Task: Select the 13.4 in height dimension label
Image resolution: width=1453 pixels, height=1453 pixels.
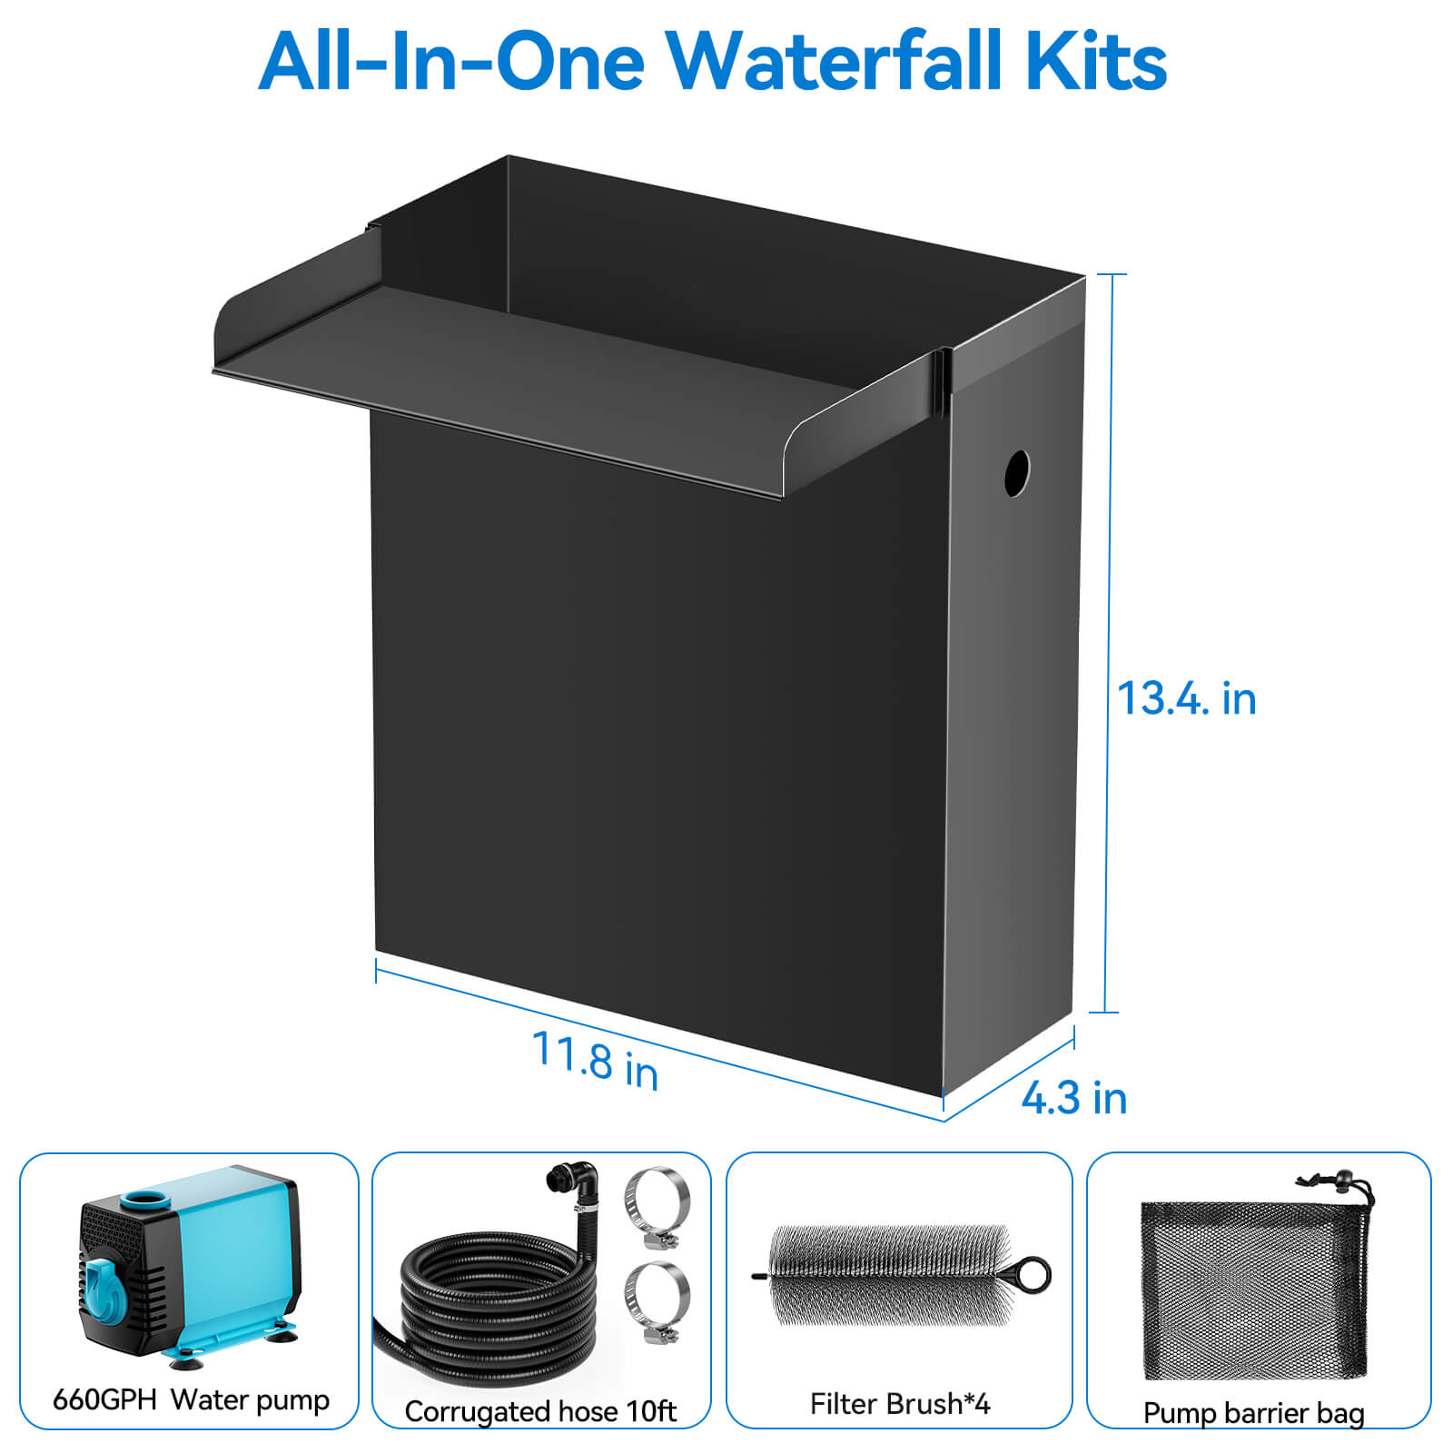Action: pos(1186,698)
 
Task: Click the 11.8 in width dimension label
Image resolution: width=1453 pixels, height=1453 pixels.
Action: pos(595,1060)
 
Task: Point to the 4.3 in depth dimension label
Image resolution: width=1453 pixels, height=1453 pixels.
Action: pos(1074,1098)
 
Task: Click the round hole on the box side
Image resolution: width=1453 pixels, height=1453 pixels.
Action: pos(1017,473)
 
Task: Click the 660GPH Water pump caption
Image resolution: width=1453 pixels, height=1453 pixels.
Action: pos(191,1399)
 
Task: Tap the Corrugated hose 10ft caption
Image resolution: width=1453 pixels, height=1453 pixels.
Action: pos(540,1411)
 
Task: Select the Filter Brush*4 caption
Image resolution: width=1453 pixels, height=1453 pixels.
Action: pos(900,1404)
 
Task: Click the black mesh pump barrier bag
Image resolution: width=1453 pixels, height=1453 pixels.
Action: pos(1253,1290)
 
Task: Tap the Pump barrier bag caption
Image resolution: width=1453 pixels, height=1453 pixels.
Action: pos(1253,1413)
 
